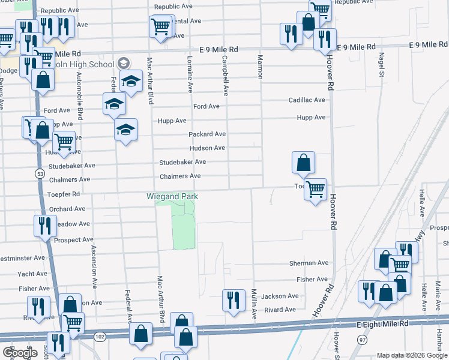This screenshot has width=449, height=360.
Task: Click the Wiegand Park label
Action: click(172, 196)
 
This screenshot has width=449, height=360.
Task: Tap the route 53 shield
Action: click(40, 173)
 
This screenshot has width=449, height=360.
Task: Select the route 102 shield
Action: click(100, 337)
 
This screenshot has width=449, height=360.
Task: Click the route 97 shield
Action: click(362, 340)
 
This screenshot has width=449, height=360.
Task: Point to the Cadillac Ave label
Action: click(306, 100)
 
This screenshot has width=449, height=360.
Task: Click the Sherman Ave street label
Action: click(309, 263)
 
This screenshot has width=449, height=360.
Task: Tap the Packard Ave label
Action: click(207, 134)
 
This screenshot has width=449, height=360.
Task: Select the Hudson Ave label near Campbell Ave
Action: click(207, 148)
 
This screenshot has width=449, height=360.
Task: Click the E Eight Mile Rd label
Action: click(382, 324)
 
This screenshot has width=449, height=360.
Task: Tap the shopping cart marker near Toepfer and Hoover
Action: click(315, 189)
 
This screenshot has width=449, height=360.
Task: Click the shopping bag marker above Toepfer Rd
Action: click(304, 162)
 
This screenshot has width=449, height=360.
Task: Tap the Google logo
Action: click(19, 353)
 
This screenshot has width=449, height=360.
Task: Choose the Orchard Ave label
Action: click(67, 209)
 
